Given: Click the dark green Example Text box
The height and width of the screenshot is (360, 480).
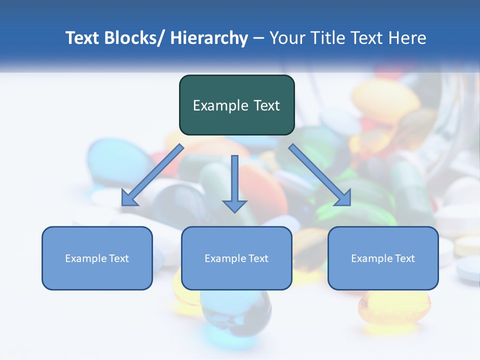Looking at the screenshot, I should [x=236, y=105].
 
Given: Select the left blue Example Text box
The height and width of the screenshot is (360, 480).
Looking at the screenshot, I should [x=97, y=258].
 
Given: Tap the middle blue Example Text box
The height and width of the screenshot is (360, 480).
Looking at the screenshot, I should [x=236, y=258].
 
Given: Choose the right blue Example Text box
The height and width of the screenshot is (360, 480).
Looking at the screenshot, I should [x=383, y=258].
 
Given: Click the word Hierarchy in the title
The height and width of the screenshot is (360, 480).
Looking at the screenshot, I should [x=209, y=38].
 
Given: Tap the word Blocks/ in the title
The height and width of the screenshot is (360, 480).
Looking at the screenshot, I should [x=135, y=38].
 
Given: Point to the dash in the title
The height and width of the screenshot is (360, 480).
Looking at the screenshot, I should [x=258, y=38].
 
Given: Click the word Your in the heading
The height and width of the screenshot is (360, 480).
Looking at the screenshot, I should [x=286, y=38].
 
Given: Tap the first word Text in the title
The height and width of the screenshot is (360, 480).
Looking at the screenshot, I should [x=83, y=38].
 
